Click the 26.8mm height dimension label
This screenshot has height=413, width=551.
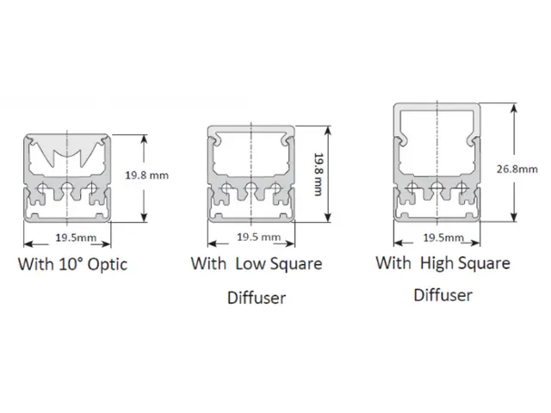[517, 169]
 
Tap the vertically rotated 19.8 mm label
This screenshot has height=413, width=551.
[319, 174]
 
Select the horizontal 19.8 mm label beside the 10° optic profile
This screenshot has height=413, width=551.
[147, 175]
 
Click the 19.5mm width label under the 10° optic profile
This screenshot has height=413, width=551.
[76, 237]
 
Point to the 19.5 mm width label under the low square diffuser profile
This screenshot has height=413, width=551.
[258, 237]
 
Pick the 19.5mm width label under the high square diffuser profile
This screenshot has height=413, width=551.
[443, 237]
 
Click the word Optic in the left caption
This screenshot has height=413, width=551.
[107, 265]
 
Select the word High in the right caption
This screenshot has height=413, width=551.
[436, 263]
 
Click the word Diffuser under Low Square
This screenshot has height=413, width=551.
[257, 298]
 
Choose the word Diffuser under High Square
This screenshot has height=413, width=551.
[443, 295]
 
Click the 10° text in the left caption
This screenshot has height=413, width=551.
[71, 264]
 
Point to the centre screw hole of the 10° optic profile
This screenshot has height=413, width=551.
[67, 188]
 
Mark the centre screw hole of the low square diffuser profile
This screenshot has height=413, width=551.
[251, 188]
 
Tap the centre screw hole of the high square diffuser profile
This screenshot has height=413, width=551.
[436, 188]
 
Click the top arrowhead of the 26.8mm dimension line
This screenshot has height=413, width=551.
[514, 108]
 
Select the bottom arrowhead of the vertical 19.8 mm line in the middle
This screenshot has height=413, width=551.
[328, 217]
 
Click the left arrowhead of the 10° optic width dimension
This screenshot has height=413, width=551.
[28, 243]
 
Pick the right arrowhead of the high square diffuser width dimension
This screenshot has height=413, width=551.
[475, 243]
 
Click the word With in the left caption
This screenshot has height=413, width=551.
[35, 264]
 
